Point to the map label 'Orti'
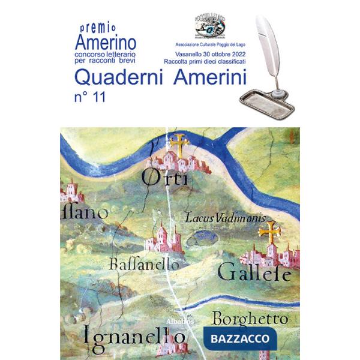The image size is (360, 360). pos(165,178)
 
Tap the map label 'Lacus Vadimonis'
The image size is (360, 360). pos(225,218)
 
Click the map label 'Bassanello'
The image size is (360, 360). pos(145,263)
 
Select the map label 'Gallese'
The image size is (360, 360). pos(254,273)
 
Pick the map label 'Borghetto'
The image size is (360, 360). pos(250,318)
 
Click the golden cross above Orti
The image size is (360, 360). pos(178,143)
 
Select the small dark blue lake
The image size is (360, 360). pos(197,240)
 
